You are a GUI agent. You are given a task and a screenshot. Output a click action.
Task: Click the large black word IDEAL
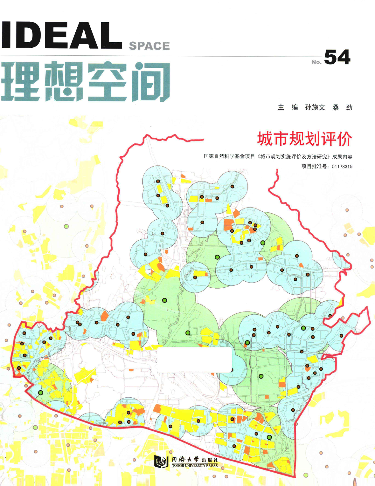61,36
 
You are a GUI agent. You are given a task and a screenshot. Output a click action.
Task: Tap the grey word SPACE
149,46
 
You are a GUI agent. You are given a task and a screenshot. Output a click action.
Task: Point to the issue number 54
337,57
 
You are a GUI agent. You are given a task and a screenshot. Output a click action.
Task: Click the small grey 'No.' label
316,62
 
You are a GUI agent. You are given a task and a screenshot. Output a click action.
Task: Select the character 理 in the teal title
21,82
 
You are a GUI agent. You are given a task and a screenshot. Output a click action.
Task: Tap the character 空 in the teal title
107,82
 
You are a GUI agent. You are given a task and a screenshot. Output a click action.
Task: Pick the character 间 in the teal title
150,82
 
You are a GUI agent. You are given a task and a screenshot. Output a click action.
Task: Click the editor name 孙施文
315,107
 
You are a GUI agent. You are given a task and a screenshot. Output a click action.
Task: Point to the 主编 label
288,107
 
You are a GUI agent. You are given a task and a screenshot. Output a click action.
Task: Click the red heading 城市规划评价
305,139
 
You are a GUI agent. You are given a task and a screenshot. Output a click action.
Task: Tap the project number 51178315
342,166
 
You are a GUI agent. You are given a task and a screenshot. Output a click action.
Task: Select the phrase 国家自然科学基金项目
229,157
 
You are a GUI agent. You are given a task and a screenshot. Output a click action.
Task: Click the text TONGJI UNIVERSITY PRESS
195,465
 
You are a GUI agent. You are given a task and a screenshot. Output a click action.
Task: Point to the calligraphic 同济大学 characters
186,459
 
